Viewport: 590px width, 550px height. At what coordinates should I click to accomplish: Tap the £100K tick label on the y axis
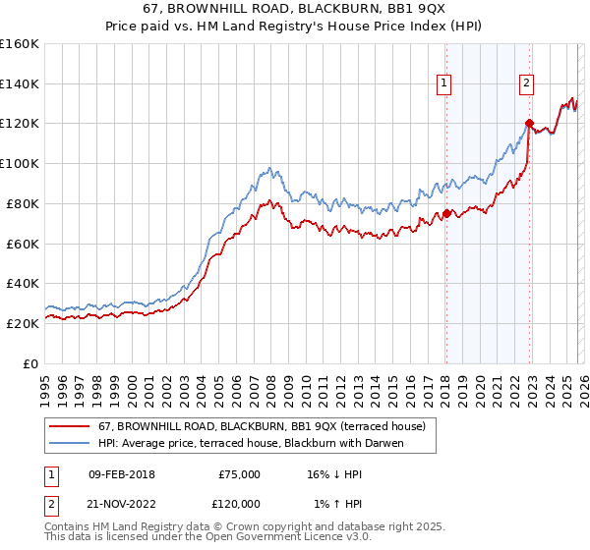click(19, 163)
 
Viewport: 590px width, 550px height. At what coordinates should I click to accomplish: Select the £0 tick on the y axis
click(31, 363)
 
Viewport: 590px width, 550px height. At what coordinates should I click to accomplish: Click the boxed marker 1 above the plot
click(444, 84)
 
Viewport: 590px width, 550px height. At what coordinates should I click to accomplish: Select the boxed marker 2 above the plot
click(527, 84)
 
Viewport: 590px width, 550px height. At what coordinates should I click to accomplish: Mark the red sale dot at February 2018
click(445, 213)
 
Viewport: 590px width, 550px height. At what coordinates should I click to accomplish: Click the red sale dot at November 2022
click(529, 123)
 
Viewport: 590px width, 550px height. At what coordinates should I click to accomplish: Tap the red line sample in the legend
click(71, 426)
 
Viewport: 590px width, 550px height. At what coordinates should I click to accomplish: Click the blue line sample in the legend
click(71, 443)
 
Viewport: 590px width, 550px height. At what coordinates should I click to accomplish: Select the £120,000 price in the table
click(239, 503)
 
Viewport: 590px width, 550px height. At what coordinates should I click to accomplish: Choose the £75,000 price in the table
click(239, 474)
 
